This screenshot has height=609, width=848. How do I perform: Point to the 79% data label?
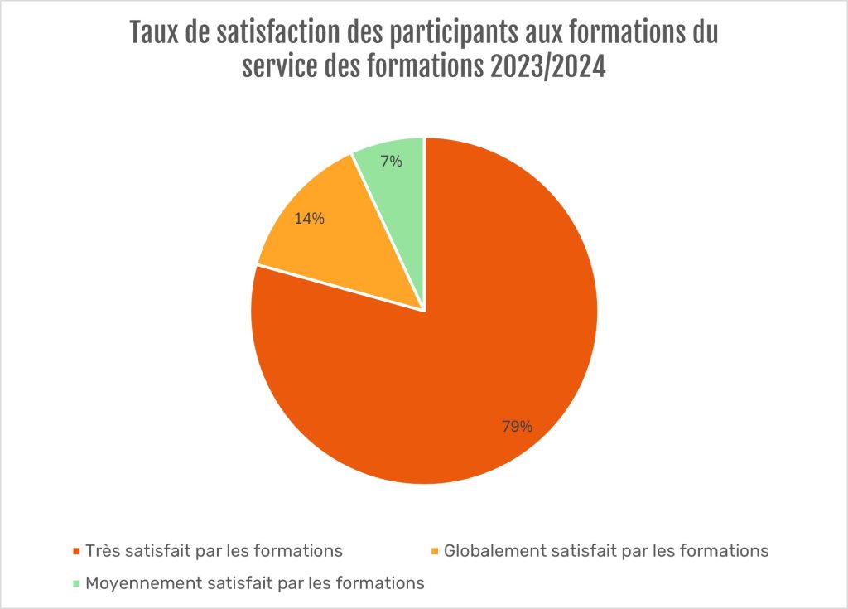[517, 427]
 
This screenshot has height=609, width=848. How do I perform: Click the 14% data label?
[309, 220]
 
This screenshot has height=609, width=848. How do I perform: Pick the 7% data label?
[392, 162]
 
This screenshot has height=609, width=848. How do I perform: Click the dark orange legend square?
[77, 551]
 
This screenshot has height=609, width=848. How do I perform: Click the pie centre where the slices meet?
[424, 311]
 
